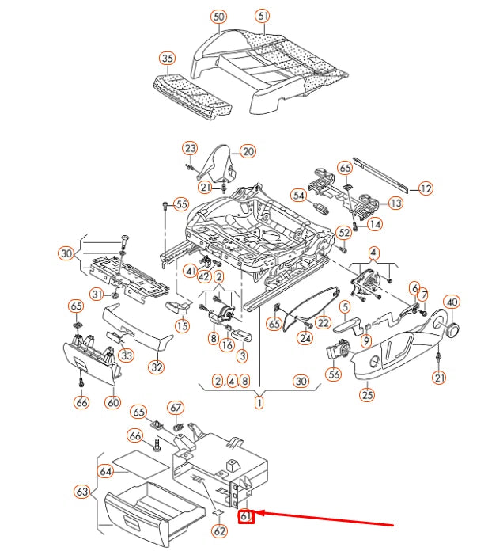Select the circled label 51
(x=263, y=16)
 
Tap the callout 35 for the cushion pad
(x=166, y=59)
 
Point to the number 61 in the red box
(x=247, y=517)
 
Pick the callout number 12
(x=426, y=188)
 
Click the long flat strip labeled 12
(x=380, y=175)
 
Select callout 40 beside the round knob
(x=451, y=302)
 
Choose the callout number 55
(x=181, y=204)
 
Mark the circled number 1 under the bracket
(x=259, y=403)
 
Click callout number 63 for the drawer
(x=81, y=492)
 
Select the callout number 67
(x=176, y=408)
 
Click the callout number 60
(x=113, y=403)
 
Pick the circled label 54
(x=298, y=195)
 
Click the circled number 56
(x=334, y=374)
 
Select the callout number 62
(x=220, y=531)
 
